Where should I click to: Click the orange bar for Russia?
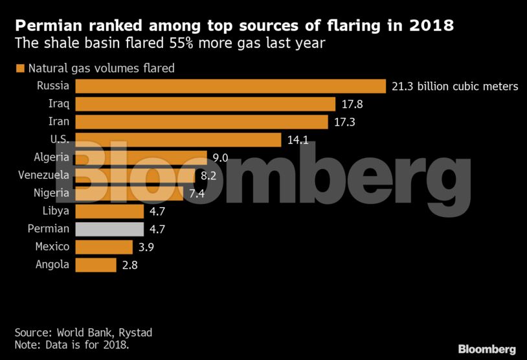pyautogui.click(x=231, y=86)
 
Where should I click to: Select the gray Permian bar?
pyautogui.click(x=109, y=229)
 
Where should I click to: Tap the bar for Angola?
pyautogui.click(x=96, y=264)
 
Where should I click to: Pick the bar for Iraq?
pyautogui.click(x=205, y=104)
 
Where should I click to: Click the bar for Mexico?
pyautogui.click(x=104, y=247)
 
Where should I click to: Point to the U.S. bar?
pyautogui.click(x=178, y=140)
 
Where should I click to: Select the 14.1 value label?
pyautogui.click(x=298, y=140)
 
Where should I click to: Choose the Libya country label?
pyautogui.click(x=55, y=211)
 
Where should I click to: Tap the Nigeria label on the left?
pyautogui.click(x=51, y=193)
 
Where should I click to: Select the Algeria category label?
pyautogui.click(x=52, y=157)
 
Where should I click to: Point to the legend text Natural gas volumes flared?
pyautogui.click(x=100, y=68)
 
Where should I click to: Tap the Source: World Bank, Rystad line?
pyautogui.click(x=84, y=332)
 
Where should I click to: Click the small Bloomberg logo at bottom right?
pyautogui.click(x=486, y=349)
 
